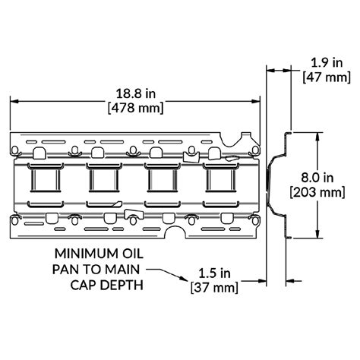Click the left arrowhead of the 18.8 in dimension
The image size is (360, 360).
tap(13, 102)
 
